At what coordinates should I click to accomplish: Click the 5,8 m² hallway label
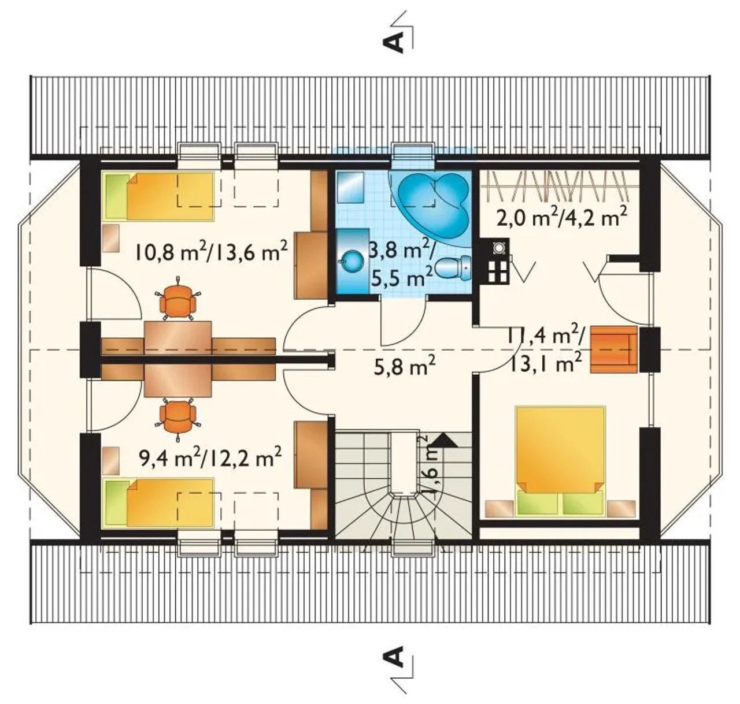(x=405, y=367)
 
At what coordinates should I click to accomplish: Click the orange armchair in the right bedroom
(x=613, y=349)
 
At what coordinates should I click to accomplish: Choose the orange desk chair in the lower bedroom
(x=177, y=418)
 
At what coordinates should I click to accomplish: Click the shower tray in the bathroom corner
(x=350, y=187)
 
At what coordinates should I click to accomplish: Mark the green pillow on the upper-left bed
(x=116, y=196)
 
